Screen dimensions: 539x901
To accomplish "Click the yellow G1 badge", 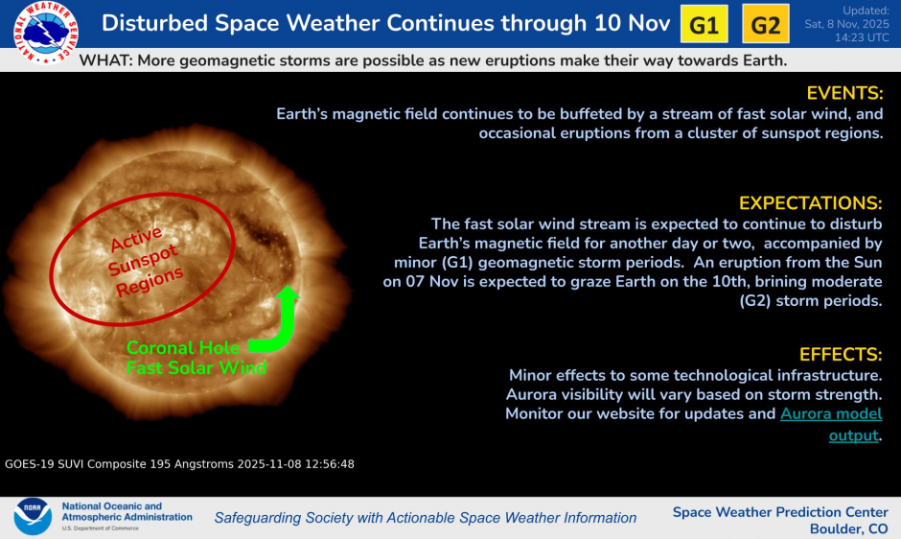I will click(705, 25).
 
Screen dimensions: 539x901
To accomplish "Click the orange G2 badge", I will click(766, 25).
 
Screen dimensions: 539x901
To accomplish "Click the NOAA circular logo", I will click(32, 516).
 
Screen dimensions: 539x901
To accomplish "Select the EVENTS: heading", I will click(843, 93).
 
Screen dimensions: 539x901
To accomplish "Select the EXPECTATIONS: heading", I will click(810, 203).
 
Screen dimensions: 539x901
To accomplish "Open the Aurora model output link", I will click(831, 415).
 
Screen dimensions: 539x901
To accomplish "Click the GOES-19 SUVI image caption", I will click(179, 463).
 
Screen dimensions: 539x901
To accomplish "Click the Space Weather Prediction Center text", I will click(780, 512).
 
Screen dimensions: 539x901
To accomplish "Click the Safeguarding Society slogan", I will click(425, 518).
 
